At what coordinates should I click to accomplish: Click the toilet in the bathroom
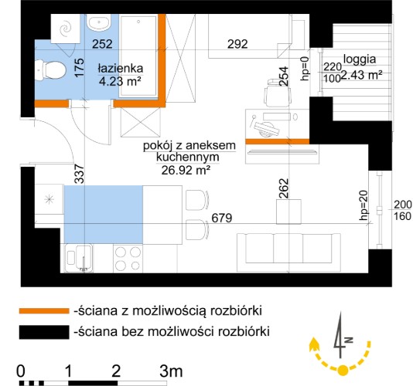(50, 70)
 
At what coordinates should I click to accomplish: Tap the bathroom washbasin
(100, 23)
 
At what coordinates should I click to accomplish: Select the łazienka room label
(121, 69)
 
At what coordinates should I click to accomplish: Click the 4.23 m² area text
(120, 81)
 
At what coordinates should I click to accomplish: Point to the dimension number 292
(237, 44)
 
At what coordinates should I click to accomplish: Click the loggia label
(360, 59)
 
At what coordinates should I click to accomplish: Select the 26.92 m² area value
(186, 171)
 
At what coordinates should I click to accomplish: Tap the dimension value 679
(222, 218)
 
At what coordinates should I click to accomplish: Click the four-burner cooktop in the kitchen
(128, 259)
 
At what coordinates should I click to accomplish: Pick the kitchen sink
(79, 258)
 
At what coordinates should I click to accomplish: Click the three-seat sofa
(288, 252)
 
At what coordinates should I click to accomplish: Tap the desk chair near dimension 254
(278, 93)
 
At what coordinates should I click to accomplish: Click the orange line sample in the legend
(44, 311)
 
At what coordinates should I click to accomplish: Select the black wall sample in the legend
(44, 332)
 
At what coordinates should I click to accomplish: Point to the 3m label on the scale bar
(171, 371)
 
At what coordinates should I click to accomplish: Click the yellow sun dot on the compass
(343, 371)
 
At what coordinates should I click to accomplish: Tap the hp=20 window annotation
(364, 205)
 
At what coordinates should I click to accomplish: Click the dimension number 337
(80, 174)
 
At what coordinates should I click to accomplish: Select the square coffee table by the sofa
(288, 212)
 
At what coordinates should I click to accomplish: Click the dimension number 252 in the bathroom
(102, 44)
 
